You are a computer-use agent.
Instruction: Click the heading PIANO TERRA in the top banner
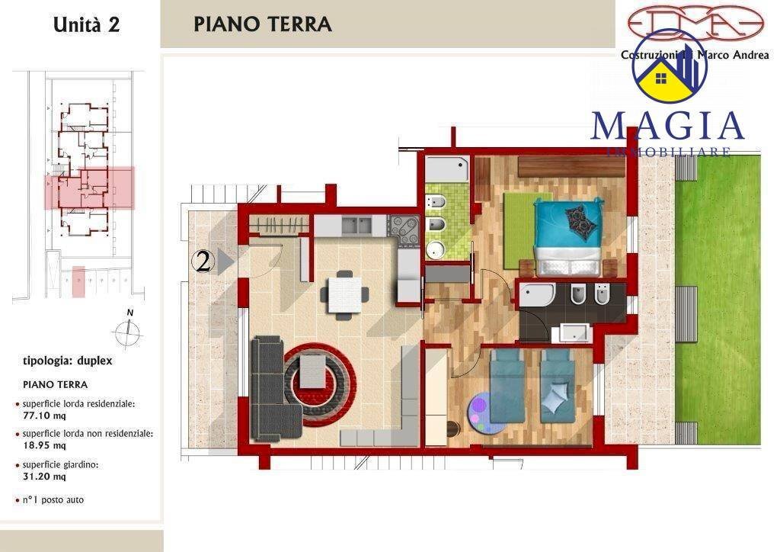[263, 24]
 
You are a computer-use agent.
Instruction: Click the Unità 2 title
[86, 24]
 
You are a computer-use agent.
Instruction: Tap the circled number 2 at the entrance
[202, 262]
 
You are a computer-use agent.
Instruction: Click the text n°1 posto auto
[53, 500]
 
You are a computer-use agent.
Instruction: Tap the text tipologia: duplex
[68, 361]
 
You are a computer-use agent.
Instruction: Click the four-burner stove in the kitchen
[404, 228]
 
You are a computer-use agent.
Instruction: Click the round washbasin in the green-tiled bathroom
[436, 249]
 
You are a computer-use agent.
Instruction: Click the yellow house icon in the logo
[661, 80]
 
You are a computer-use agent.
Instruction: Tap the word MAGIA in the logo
[667, 126]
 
